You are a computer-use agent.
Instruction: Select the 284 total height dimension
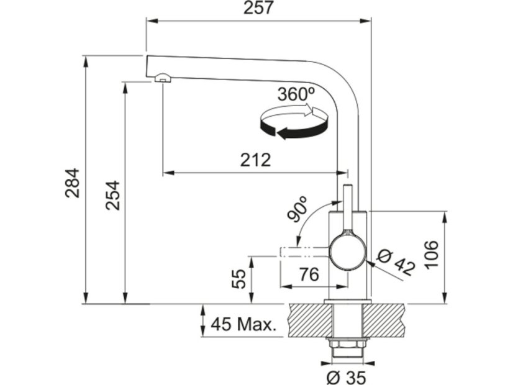point(73,183)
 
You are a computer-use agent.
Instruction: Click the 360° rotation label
point(296,95)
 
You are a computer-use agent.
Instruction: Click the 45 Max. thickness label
point(243,324)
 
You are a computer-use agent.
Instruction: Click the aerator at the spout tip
point(161,78)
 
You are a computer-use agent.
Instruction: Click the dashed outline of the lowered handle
point(304,251)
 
